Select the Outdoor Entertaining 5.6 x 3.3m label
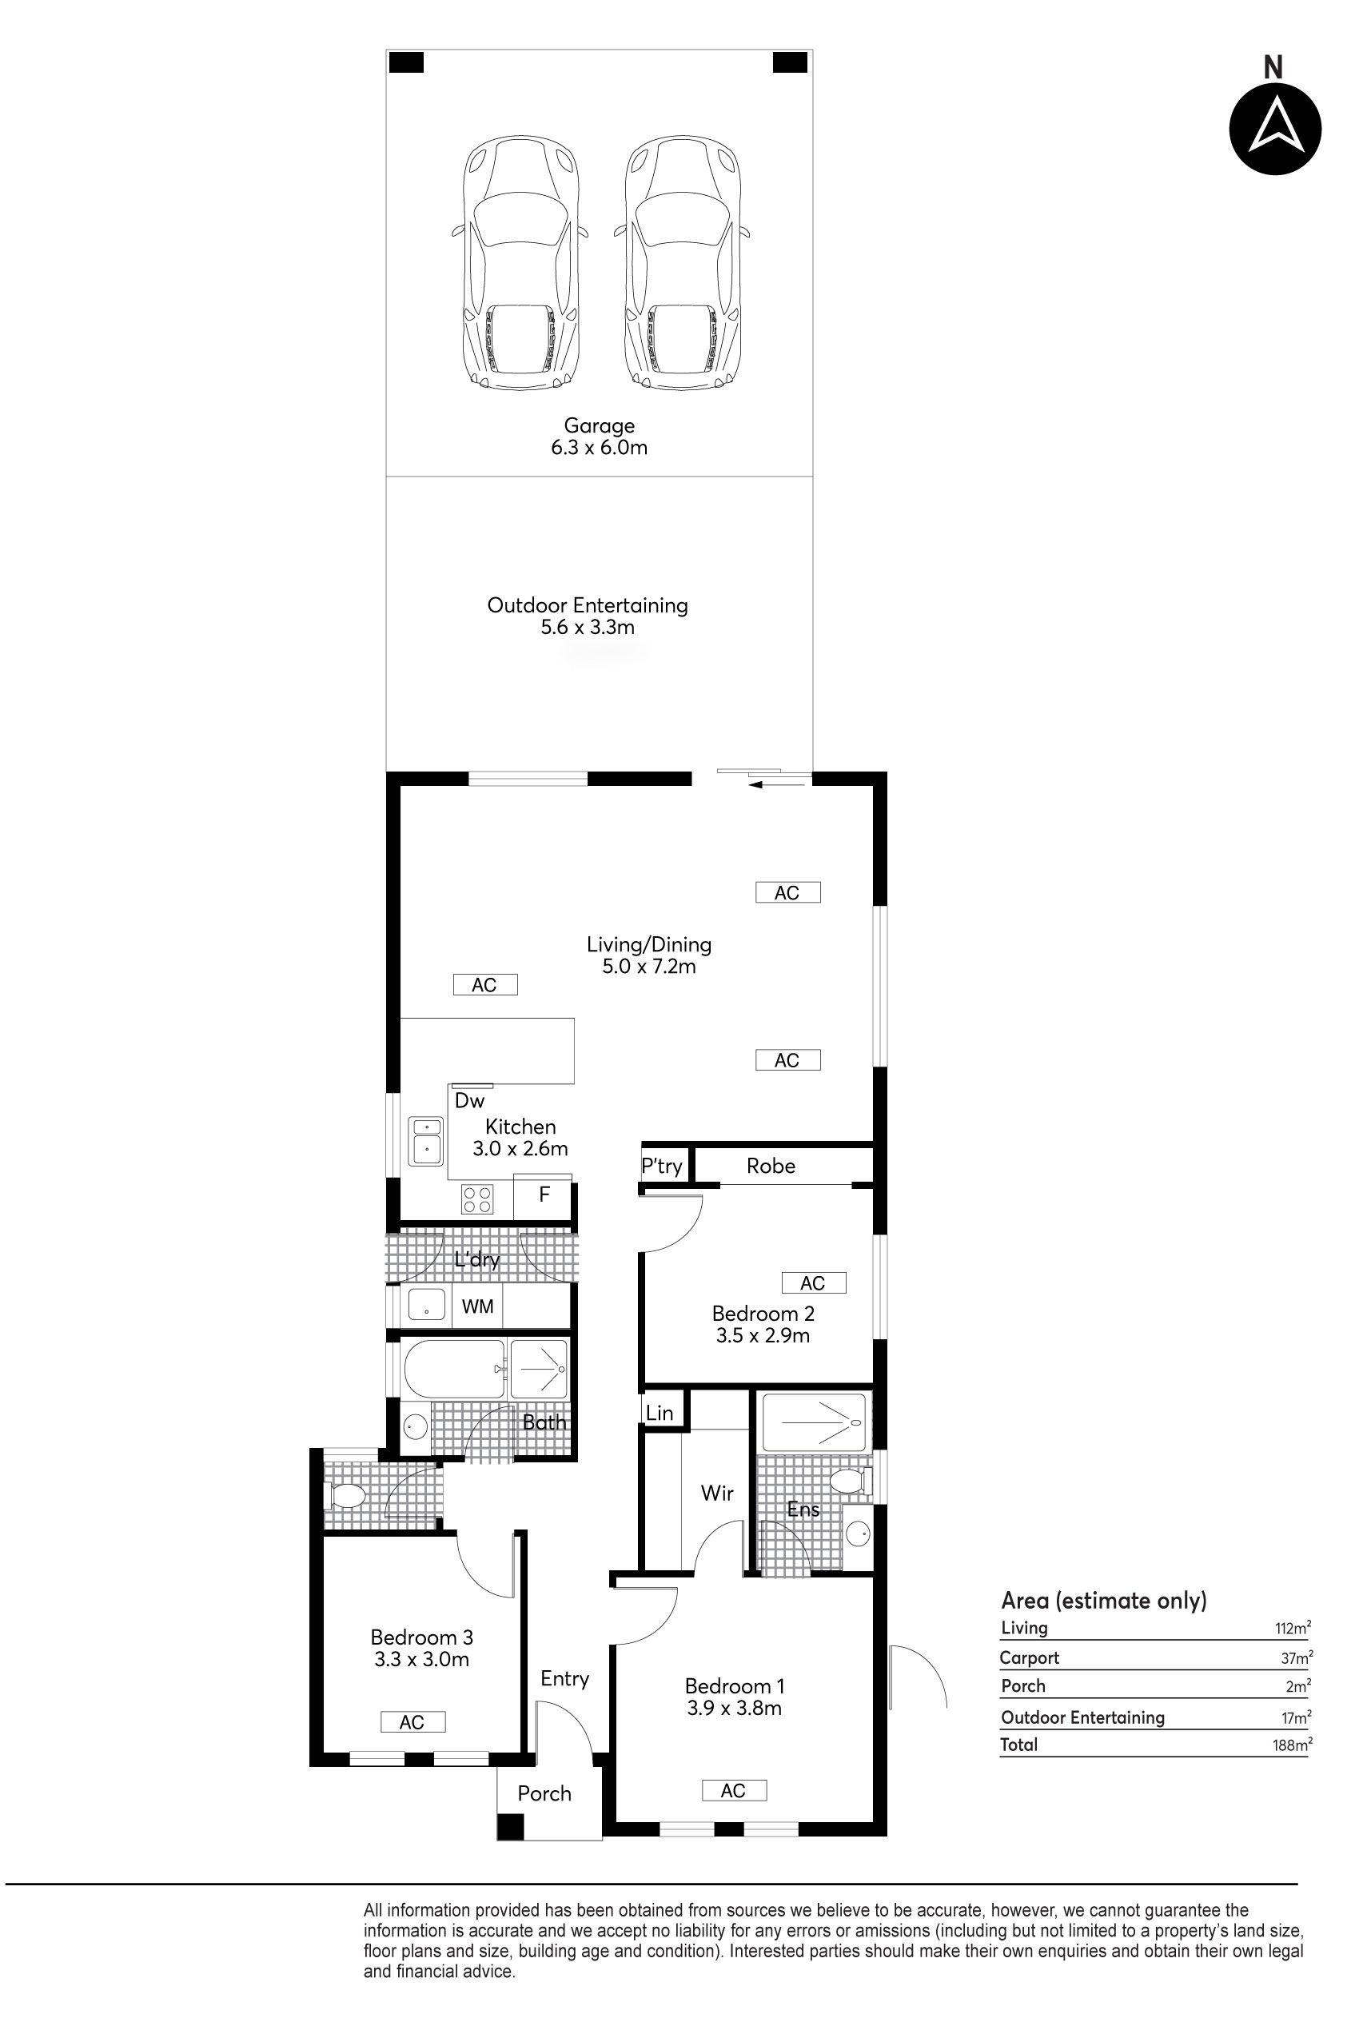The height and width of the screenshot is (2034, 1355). coord(588,616)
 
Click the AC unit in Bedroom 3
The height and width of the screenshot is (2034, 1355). coord(413,1722)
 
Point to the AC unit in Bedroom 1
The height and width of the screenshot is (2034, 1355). coord(734,1791)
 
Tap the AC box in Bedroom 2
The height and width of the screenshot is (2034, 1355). coord(813,1283)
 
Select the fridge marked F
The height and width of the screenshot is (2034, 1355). coord(544,1196)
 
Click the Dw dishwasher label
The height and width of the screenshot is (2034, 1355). coord(469,1101)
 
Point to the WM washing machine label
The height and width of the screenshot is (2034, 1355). coord(477,1306)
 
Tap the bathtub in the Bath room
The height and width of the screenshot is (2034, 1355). coord(455,1369)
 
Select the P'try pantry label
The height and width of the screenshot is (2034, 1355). coord(662,1167)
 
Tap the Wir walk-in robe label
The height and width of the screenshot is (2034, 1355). coord(717,1493)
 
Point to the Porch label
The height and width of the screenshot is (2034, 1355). coord(544,1794)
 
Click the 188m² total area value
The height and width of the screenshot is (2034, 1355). coord(1292,1745)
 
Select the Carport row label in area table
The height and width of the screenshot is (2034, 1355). coord(1029,1658)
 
